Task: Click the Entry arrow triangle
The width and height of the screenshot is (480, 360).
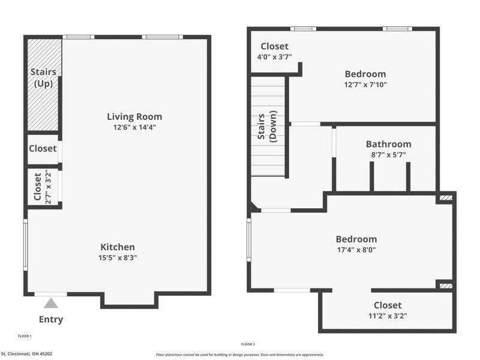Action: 51,303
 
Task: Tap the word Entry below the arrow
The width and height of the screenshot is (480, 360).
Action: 51,319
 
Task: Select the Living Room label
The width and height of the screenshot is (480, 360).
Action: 134,116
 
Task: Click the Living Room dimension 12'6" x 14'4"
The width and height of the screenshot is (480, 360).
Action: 134,127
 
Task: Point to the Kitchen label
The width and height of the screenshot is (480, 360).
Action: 118,247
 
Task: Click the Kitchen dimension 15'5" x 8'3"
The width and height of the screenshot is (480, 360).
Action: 118,257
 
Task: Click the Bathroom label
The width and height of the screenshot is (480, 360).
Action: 389,144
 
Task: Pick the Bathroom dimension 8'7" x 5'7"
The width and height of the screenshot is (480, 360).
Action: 389,154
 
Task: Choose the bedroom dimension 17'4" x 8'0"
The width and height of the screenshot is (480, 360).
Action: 356,250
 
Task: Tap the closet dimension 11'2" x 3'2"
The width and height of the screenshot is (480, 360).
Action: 388,316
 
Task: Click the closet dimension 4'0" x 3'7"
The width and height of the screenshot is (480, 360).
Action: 274,57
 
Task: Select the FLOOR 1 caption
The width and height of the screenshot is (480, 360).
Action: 25,336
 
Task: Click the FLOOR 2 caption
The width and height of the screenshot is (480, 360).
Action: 248,344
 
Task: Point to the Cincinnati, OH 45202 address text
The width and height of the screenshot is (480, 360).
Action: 26,354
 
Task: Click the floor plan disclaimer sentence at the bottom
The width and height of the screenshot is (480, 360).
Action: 240,355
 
